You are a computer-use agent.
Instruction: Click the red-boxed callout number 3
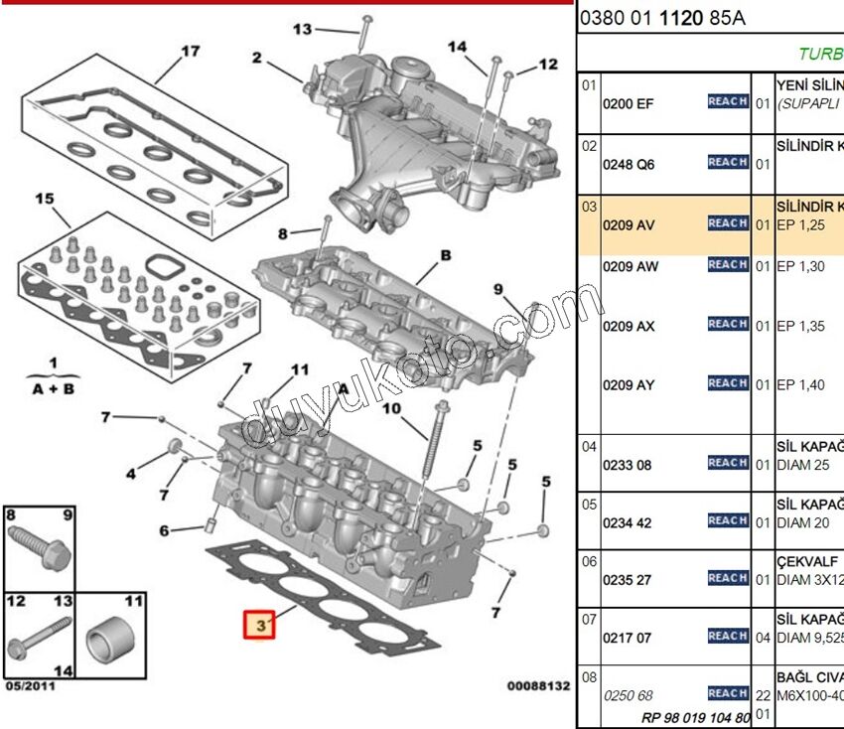(260, 625)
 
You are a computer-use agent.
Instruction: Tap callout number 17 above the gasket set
(191, 50)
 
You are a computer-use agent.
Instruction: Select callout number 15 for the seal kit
(44, 199)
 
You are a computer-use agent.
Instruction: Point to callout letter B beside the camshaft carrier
(446, 255)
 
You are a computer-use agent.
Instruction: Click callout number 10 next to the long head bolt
(390, 408)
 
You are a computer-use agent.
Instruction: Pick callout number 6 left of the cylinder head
(165, 530)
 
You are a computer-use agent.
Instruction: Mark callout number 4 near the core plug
(130, 472)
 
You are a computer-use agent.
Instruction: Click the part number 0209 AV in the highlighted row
(630, 224)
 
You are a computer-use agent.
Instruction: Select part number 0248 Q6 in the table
(629, 164)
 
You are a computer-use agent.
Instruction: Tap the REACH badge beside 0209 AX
(728, 324)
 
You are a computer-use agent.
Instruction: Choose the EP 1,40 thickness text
(800, 385)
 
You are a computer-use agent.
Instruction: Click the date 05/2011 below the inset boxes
(30, 686)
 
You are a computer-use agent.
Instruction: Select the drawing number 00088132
(538, 686)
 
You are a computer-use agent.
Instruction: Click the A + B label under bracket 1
(53, 389)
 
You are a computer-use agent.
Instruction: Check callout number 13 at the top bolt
(302, 30)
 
